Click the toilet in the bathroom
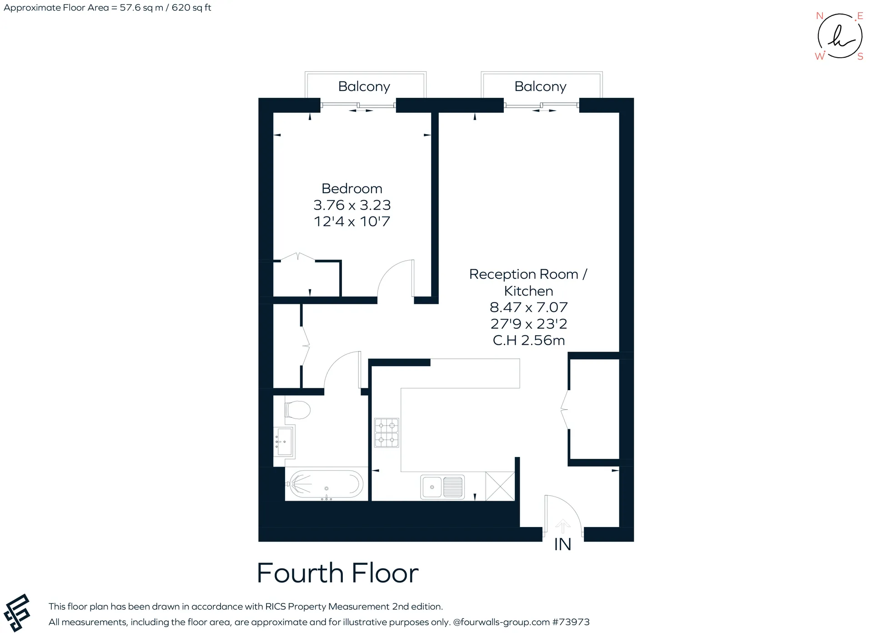tap(297, 410)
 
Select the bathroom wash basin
tap(284, 441)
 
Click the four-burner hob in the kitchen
tap(386, 432)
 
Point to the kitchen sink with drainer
tap(442, 487)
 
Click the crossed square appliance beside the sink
tap(500, 486)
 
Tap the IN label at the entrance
tap(562, 544)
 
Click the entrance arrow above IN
tap(562, 526)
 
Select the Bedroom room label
tap(352, 189)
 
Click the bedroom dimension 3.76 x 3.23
tap(352, 205)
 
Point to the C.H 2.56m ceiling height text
tap(529, 340)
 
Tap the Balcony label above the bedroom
tap(364, 86)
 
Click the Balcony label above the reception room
tap(540, 86)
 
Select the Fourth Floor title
tap(337, 573)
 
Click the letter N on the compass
tap(820, 16)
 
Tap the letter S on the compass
tap(860, 57)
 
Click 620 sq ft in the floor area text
tap(191, 8)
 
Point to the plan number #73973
tap(571, 622)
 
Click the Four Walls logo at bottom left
tap(17, 613)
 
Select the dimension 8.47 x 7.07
tap(529, 307)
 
